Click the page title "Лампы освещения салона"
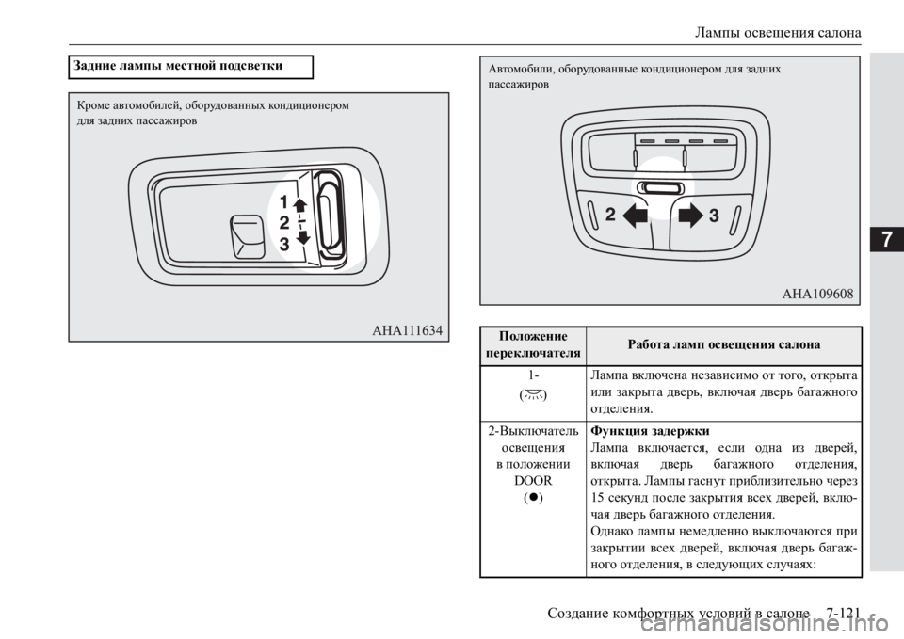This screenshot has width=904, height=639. pos(778,32)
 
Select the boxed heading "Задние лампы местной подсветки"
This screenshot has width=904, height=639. pos(178,66)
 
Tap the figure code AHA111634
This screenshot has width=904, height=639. pos(407,330)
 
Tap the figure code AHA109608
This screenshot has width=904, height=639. pos(817,294)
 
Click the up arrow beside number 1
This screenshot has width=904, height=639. pos(301,205)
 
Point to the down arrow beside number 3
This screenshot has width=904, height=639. pos(302,237)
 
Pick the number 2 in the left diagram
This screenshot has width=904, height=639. pos(284,223)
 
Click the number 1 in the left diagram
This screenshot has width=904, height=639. pos(283,202)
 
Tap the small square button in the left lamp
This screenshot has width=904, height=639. pos(248,237)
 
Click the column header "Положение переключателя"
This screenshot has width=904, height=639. pos(533,344)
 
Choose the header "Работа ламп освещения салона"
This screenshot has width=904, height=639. pos(724,344)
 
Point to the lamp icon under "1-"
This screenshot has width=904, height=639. pos(533,394)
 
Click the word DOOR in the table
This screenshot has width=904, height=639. pos(533,481)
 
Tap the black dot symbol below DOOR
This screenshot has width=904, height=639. pos(533,497)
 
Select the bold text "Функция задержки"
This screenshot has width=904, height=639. pos(651,431)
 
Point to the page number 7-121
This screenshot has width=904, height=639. pos(843,613)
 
